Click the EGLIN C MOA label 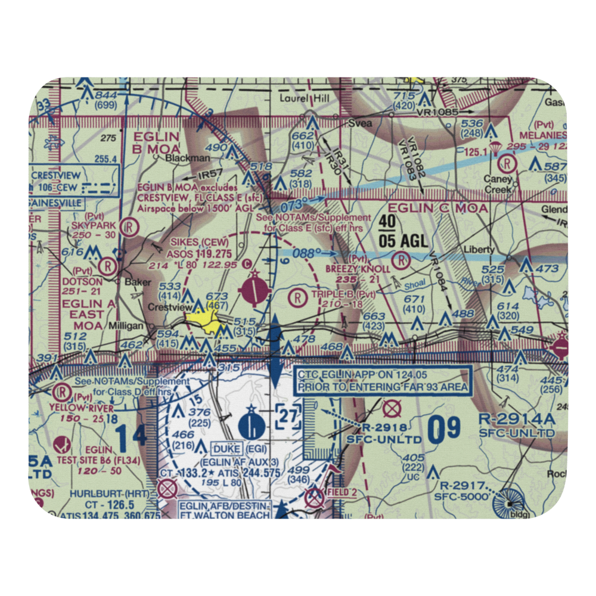(x=438, y=208)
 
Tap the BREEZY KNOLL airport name (x=358, y=269)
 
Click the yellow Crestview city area (x=206, y=322)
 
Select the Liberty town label (x=480, y=249)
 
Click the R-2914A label (x=516, y=420)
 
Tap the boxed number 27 (x=288, y=416)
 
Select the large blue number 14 (x=131, y=436)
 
